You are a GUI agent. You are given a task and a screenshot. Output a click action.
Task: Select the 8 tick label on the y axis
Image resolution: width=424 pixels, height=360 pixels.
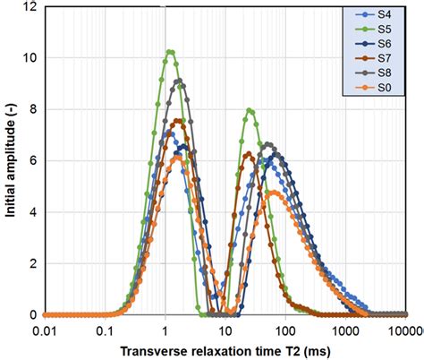click(x=31, y=109)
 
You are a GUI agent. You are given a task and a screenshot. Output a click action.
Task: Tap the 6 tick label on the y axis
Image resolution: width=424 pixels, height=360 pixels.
click(x=31, y=161)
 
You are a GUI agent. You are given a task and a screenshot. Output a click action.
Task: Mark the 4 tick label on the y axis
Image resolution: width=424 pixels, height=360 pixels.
click(x=31, y=212)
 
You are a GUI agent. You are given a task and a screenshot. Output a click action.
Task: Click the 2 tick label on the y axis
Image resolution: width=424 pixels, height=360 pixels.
click(x=31, y=264)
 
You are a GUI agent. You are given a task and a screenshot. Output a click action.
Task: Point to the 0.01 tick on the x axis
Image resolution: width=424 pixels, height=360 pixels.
click(x=45, y=329)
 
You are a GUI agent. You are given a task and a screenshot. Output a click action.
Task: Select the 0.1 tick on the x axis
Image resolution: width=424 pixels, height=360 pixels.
click(x=106, y=329)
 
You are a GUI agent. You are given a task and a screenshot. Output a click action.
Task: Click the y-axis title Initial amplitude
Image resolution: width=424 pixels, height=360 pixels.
click(x=10, y=161)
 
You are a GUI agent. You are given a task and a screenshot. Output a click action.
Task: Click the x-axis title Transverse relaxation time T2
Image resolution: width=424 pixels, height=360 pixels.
click(x=225, y=349)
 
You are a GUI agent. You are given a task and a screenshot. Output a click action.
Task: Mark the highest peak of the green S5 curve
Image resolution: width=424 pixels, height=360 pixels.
click(x=170, y=52)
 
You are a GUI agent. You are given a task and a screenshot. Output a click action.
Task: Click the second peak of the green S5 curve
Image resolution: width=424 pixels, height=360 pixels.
click(x=250, y=111)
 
